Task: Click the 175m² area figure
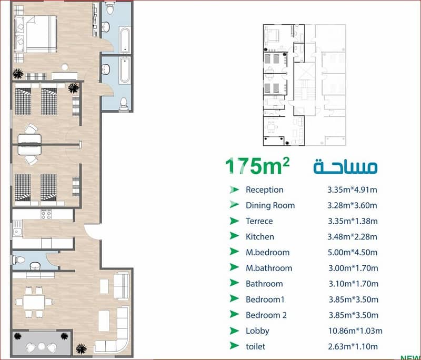pyautogui.click(x=257, y=166)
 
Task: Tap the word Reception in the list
pyautogui.click(x=265, y=190)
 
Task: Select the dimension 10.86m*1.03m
pyautogui.click(x=355, y=331)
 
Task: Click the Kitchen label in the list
pyautogui.click(x=260, y=237)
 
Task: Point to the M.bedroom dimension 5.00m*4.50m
pyautogui.click(x=353, y=252)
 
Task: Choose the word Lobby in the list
pyautogui.click(x=257, y=331)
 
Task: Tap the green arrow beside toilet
pyautogui.click(x=234, y=346)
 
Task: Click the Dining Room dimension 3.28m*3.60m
pyautogui.click(x=352, y=205)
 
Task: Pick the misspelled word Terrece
pyautogui.click(x=259, y=221)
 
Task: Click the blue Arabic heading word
pyautogui.click(x=346, y=166)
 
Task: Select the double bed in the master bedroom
pyautogui.click(x=35, y=34)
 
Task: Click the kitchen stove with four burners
pyautogui.click(x=46, y=215)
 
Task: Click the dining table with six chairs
pyautogui.click(x=34, y=302)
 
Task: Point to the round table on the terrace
pyautogui.click(x=42, y=346)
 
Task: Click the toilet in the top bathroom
pyautogui.click(x=109, y=8)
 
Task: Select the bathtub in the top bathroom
pyautogui.click(x=125, y=39)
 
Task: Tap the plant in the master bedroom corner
pyautogui.click(x=18, y=73)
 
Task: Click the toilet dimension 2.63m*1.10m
pyautogui.click(x=353, y=346)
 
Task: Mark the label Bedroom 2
pyautogui.click(x=266, y=315)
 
